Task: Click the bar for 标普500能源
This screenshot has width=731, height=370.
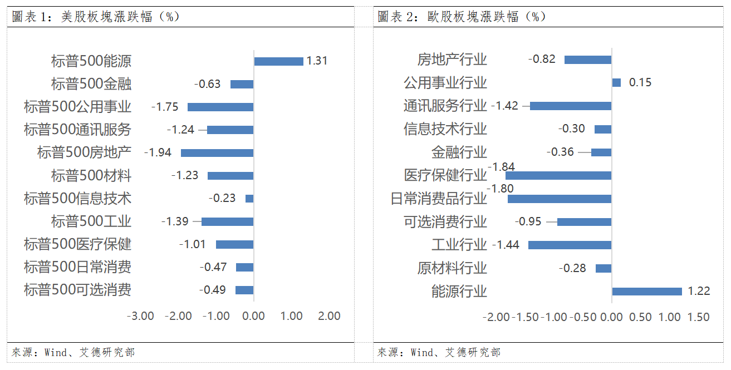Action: click(x=278, y=61)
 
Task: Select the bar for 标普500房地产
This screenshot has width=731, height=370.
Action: click(x=217, y=152)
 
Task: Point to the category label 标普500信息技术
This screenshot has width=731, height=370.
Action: click(x=77, y=199)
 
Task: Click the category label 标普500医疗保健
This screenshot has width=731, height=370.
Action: click(x=77, y=244)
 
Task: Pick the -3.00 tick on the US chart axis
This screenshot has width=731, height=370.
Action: click(x=140, y=316)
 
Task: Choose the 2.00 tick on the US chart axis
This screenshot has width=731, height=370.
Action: click(x=329, y=316)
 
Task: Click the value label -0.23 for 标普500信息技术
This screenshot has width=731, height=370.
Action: click(x=222, y=198)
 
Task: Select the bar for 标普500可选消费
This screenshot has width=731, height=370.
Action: click(x=244, y=290)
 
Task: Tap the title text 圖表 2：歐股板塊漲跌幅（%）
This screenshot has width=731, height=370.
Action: click(x=462, y=17)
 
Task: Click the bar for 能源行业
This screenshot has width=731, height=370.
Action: click(x=647, y=291)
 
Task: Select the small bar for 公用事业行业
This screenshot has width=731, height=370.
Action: click(x=616, y=82)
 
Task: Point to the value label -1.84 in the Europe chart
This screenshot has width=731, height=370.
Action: click(x=501, y=167)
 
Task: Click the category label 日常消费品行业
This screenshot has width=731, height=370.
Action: click(x=439, y=199)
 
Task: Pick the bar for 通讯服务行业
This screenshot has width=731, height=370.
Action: click(x=571, y=106)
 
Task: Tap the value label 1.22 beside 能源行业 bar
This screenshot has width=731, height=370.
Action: click(x=699, y=291)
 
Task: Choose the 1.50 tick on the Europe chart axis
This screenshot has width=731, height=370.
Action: click(x=698, y=317)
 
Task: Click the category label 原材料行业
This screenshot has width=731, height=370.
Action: click(x=452, y=268)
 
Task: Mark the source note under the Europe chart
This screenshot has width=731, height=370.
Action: click(x=439, y=352)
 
